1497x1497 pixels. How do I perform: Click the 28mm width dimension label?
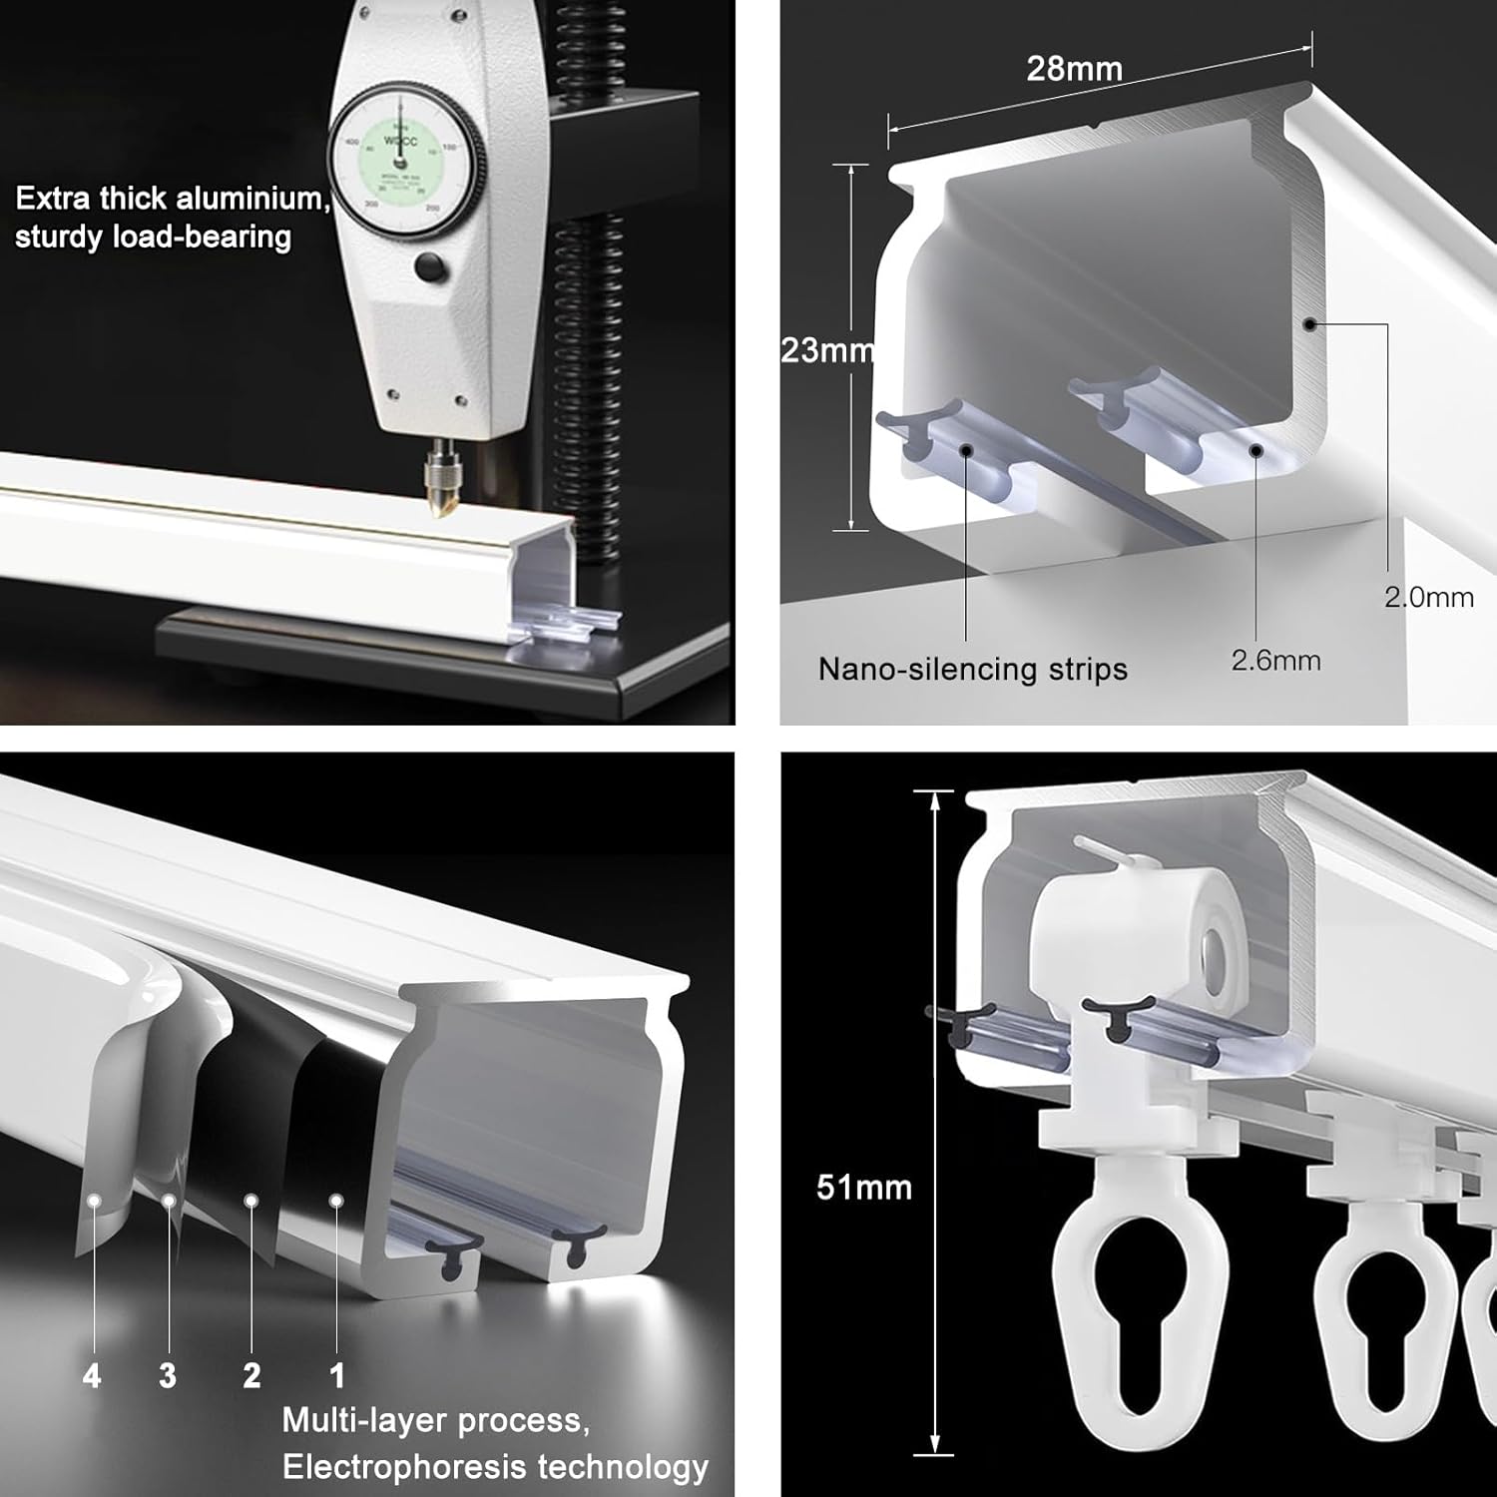[1074, 69]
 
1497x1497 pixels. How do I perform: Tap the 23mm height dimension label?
[827, 350]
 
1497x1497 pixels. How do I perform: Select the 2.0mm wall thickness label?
[1428, 597]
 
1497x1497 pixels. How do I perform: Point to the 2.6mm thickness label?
[1275, 661]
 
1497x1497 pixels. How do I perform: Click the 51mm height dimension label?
[864, 1187]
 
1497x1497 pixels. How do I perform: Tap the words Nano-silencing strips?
[972, 669]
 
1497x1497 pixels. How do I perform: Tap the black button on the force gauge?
[430, 267]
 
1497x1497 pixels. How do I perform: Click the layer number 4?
[92, 1377]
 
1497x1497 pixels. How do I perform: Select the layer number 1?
[337, 1376]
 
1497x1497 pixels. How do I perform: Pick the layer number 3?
[168, 1376]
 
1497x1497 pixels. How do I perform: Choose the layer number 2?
[251, 1376]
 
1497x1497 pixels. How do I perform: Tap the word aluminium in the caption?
[252, 199]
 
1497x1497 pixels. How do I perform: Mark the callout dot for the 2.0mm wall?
[1310, 323]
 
